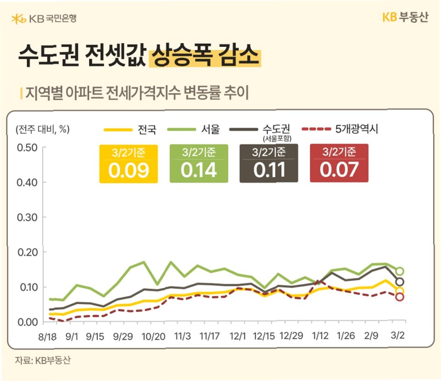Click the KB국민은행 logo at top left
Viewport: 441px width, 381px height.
44,19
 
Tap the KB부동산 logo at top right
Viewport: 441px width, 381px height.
406,17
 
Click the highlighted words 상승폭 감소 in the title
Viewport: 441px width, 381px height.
205,56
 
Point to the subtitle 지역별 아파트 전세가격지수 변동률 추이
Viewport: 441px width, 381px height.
137,93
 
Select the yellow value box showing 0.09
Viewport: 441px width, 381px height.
128,164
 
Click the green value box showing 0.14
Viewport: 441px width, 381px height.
199,164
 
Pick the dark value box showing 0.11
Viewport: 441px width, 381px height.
269,163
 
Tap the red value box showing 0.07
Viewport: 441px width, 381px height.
339,163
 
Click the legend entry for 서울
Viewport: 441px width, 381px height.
193,129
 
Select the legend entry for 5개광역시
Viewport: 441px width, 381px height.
340,129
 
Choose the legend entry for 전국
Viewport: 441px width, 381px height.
130,130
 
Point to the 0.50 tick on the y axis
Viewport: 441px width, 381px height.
27,147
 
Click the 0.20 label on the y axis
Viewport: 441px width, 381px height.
27,252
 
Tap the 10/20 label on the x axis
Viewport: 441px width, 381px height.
153,336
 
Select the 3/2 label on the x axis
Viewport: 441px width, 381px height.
397,335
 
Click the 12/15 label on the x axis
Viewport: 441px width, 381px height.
264,336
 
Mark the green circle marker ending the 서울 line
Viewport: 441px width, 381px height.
400,271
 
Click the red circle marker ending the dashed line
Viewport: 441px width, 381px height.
400,297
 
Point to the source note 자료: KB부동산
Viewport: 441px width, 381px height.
43,360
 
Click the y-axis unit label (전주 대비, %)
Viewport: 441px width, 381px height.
42,129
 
